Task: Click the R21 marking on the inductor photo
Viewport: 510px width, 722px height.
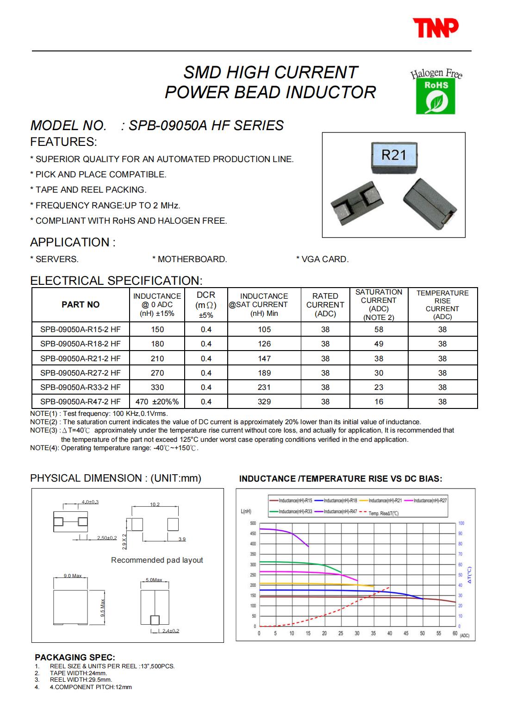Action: pos(393,155)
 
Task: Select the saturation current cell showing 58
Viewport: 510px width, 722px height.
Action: pos(379,329)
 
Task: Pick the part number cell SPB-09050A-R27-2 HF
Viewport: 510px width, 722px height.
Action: pos(81,373)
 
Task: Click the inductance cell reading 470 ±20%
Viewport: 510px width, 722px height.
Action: pos(157,402)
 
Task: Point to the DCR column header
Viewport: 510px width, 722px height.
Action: pos(206,304)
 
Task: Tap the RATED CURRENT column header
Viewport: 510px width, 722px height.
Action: pos(325,304)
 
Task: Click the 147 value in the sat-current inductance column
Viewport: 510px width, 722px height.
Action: pos(264,358)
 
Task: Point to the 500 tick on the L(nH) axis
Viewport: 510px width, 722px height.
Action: pos(253,523)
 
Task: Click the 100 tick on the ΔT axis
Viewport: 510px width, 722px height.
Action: pos(461,523)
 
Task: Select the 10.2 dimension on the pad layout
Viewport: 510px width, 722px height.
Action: pos(155,504)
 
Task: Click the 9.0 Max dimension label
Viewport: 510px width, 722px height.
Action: pos(72,576)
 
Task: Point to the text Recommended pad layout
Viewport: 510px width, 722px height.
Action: pos(157,560)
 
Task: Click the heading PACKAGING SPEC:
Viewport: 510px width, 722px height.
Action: pos(75,657)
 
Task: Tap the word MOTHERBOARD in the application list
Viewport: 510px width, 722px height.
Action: pos(192,259)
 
